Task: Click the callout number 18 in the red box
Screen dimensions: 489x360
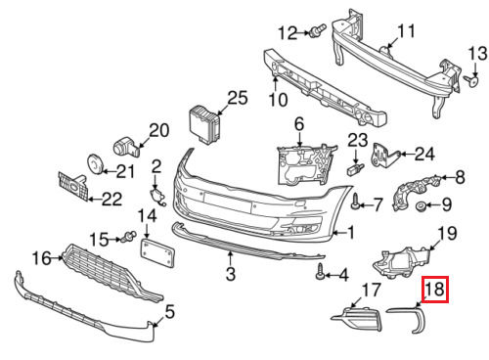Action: point(435,289)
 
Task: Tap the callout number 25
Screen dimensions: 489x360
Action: point(238,98)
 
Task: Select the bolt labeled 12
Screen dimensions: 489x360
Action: point(318,31)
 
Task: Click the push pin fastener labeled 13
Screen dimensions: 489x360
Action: point(471,80)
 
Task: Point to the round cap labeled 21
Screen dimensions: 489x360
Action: point(95,163)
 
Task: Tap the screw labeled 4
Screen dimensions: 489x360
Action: point(321,272)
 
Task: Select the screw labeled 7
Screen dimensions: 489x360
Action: point(355,202)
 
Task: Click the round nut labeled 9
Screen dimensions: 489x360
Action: point(421,206)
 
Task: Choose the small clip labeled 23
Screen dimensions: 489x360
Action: point(355,169)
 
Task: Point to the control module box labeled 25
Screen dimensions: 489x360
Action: point(204,125)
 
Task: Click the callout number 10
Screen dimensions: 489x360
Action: point(278,100)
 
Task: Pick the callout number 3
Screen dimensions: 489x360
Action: point(231,273)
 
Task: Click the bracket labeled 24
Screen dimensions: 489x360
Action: point(384,156)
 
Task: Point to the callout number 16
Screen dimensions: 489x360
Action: point(42,258)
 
